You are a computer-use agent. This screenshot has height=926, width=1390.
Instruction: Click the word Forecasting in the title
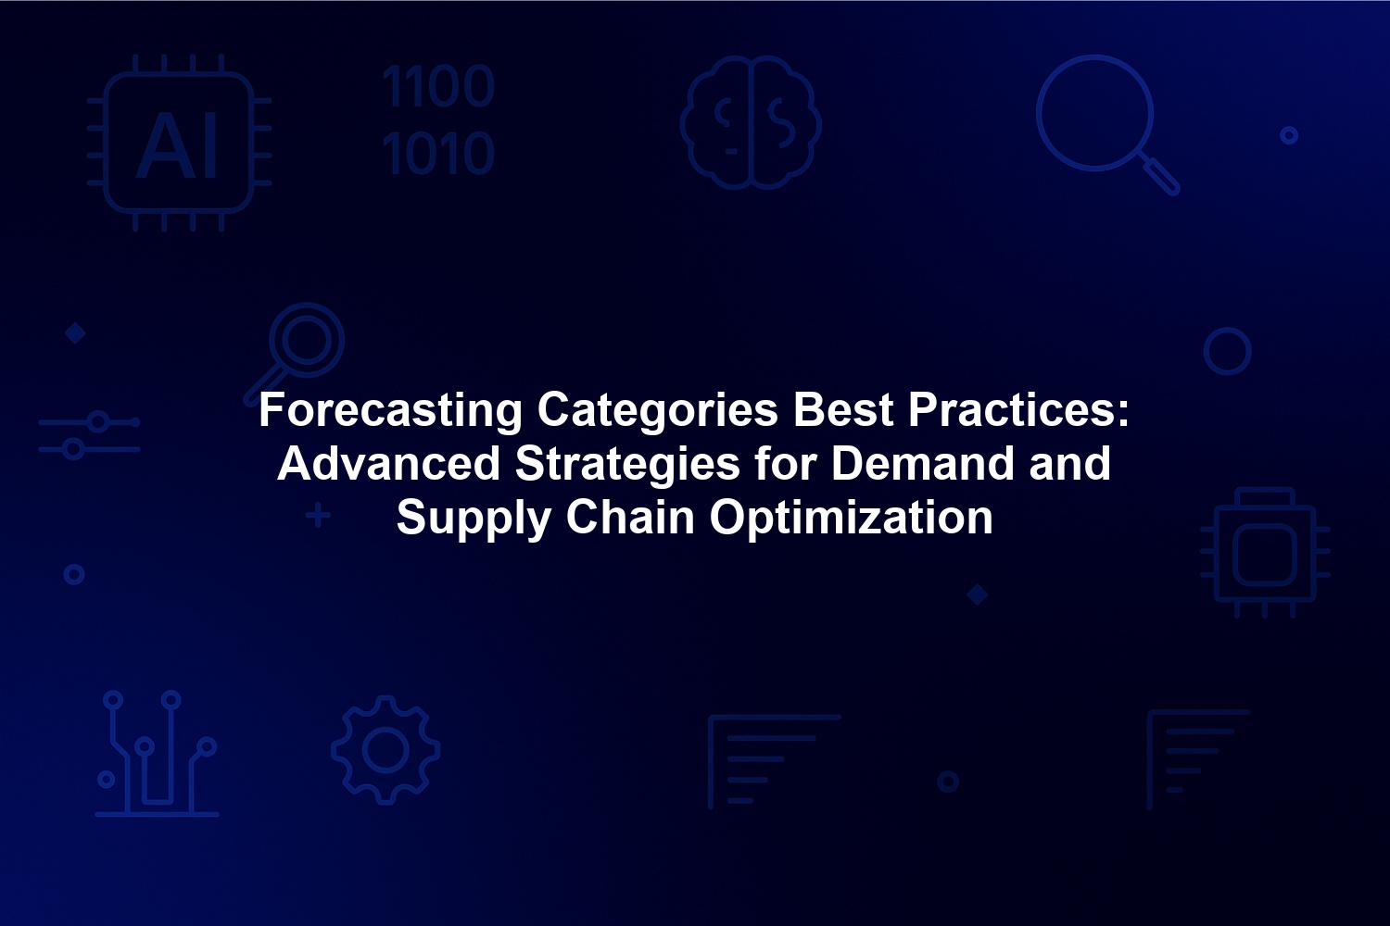(x=390, y=410)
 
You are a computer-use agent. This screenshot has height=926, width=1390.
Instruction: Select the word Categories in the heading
(x=657, y=410)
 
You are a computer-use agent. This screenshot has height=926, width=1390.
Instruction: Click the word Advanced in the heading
(x=388, y=463)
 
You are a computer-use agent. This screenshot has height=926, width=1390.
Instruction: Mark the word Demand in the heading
(x=922, y=463)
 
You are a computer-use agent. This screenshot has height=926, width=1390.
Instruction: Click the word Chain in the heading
(x=630, y=518)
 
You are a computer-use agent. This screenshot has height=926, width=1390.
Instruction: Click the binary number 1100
(x=438, y=86)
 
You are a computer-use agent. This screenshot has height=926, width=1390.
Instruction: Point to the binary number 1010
(x=438, y=153)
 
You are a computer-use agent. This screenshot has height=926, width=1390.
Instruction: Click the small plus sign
(x=319, y=516)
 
